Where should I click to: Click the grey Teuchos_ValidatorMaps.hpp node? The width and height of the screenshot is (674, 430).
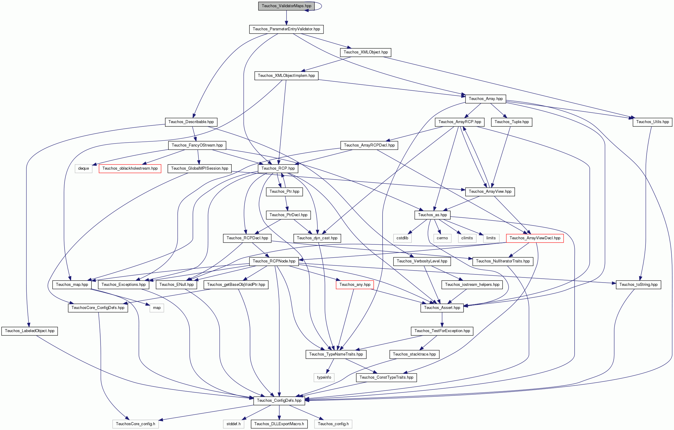click(x=286, y=6)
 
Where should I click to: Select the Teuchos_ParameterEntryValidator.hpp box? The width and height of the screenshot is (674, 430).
click(x=286, y=29)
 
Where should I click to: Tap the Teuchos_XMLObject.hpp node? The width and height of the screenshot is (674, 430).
click(x=366, y=52)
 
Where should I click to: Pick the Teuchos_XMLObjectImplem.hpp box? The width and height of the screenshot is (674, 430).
click(x=286, y=75)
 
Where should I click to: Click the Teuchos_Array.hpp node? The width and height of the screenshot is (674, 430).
click(x=486, y=98)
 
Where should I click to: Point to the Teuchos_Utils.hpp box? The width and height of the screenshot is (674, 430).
click(x=652, y=122)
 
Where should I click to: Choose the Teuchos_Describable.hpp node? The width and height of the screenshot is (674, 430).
click(x=191, y=122)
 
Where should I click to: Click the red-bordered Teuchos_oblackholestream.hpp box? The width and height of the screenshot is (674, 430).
click(x=130, y=168)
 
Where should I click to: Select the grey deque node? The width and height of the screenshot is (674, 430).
click(x=83, y=168)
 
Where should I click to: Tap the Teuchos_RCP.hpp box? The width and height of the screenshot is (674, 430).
click(x=278, y=168)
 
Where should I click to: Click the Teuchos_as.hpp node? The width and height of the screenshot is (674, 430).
click(x=432, y=215)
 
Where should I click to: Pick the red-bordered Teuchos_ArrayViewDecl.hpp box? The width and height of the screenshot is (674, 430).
click(x=535, y=238)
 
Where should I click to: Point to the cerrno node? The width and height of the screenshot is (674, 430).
click(x=442, y=238)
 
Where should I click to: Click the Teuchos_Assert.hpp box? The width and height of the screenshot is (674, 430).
click(x=442, y=308)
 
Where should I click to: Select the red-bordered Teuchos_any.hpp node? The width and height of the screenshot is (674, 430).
click(x=355, y=285)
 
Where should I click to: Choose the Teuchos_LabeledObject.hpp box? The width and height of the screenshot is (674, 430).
click(x=30, y=331)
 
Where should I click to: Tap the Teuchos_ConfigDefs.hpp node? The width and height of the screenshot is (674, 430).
click(x=279, y=401)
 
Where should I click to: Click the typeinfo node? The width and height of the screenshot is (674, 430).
click(x=324, y=377)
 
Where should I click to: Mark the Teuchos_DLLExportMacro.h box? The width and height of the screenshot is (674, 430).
click(x=279, y=424)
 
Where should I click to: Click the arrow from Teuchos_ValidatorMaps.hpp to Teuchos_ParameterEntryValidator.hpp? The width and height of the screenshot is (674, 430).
click(x=286, y=18)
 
